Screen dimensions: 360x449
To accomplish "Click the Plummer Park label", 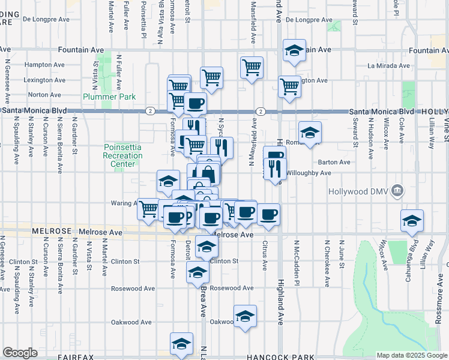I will (110, 97).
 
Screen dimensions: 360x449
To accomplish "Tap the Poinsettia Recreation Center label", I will (123, 155).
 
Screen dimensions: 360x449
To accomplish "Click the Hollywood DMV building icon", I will (397, 191).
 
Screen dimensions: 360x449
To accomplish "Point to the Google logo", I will (20, 352).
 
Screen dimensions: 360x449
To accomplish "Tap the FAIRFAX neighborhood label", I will (76, 357).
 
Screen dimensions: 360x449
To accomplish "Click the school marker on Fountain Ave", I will (294, 52).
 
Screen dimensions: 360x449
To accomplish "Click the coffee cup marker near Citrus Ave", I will (269, 214).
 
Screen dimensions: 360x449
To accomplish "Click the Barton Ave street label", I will (334, 162).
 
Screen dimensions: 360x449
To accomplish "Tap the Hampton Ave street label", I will (44, 65).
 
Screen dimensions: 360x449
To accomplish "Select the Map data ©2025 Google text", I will (411, 355).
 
